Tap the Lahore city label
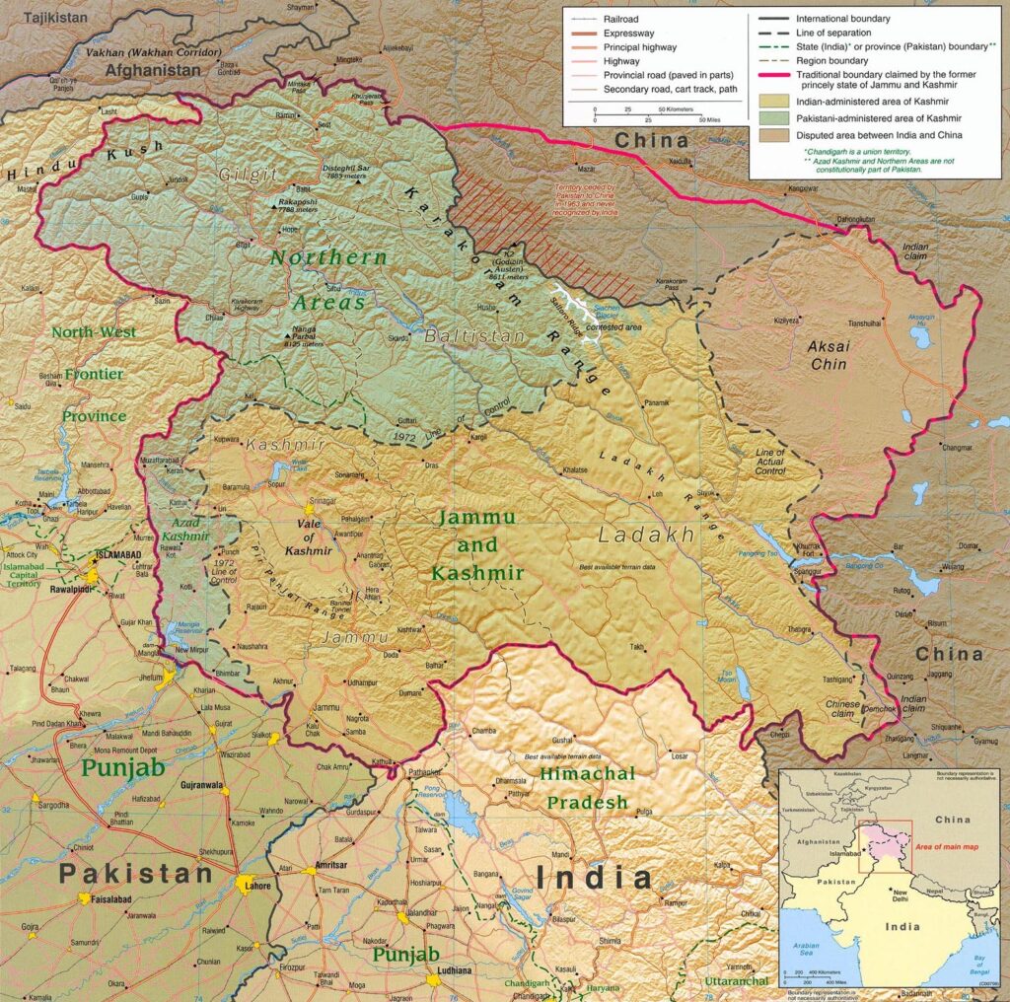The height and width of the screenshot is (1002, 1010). click(x=254, y=886)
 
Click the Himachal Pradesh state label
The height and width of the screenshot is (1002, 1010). click(x=587, y=788)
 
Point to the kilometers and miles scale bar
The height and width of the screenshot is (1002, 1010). click(x=651, y=113)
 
